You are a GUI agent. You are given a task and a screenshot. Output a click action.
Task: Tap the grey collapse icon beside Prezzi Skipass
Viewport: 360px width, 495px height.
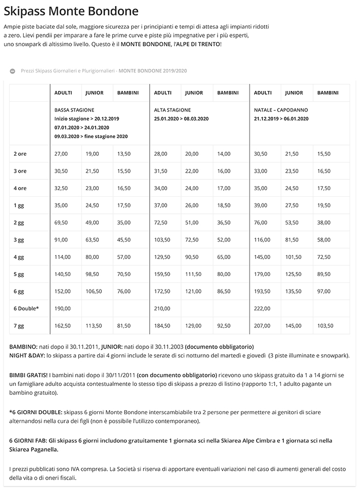click(12, 70)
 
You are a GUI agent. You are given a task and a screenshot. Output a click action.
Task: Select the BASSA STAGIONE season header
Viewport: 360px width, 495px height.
click(74, 110)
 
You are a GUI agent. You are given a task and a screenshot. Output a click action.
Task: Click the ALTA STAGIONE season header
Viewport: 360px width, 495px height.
click(172, 110)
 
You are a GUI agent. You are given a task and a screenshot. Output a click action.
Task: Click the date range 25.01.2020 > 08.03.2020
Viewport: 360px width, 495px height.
click(181, 119)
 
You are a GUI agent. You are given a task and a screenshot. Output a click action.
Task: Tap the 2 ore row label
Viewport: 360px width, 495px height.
click(20, 154)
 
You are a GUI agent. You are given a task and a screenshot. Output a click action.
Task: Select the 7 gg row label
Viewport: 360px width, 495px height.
click(19, 325)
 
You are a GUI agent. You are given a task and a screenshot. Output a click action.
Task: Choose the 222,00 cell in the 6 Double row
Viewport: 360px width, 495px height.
click(261, 308)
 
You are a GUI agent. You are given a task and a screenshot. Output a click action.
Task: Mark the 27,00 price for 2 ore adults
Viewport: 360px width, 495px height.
click(61, 154)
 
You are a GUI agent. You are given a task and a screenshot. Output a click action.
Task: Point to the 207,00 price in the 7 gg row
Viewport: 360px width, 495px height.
click(261, 325)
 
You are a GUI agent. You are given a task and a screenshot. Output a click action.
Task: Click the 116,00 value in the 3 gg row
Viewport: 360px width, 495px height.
click(261, 240)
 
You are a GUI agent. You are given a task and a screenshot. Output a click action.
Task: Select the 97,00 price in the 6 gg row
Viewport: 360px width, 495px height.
click(324, 291)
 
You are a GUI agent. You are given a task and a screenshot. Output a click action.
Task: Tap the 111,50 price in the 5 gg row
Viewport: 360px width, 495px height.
click(193, 274)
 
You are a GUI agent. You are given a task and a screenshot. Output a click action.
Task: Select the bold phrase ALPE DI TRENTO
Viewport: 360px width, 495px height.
click(196, 45)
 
